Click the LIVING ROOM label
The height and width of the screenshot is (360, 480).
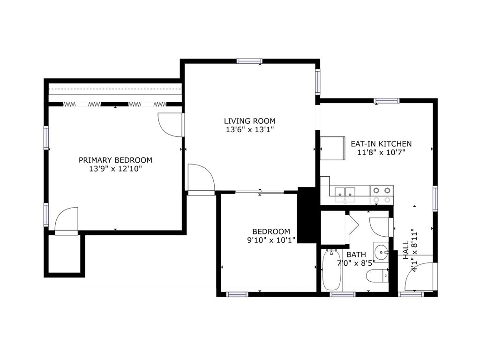point(249,121)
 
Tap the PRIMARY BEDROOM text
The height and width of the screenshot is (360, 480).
point(115,160)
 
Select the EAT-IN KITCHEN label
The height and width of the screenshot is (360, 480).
point(381,144)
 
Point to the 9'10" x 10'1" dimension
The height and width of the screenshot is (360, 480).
point(271,240)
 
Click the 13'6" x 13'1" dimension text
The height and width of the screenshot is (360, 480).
point(249,129)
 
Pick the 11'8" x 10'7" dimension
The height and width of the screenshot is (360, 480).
point(381,152)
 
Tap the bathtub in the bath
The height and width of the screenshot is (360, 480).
point(331,270)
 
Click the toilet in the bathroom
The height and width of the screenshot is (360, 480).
point(377,276)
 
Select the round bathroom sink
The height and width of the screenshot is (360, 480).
point(381,252)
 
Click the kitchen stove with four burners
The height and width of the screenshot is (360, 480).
point(382,195)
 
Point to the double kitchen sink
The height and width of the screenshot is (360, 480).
point(345,194)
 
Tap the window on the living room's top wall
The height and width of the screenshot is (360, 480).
point(249,61)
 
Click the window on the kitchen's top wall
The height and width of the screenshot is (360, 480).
point(387,101)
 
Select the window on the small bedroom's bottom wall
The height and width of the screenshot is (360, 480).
point(237,294)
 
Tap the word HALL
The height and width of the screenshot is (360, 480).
point(406,250)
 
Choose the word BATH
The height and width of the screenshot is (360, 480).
point(356,255)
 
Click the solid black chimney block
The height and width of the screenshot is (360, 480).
point(307,215)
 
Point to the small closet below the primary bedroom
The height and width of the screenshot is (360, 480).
point(64,254)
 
